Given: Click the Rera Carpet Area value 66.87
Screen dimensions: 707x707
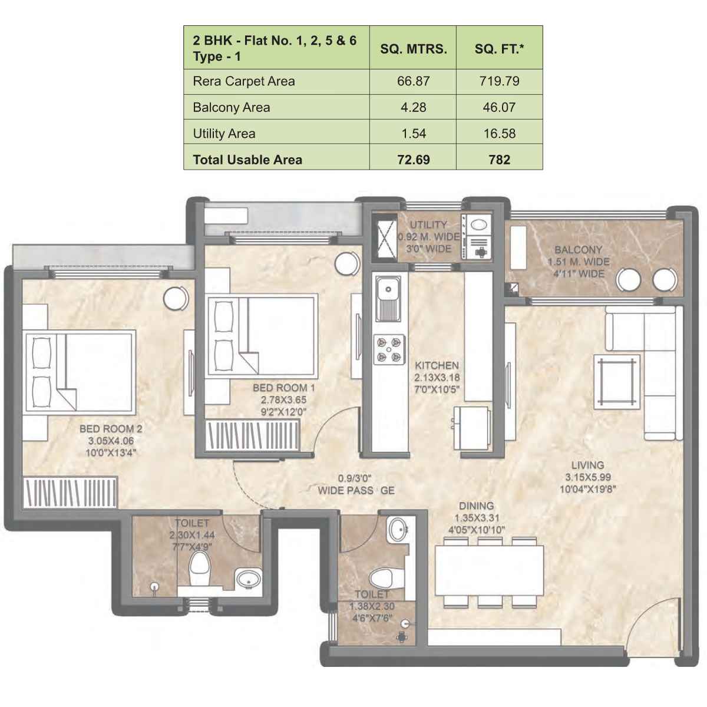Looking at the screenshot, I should (x=413, y=81).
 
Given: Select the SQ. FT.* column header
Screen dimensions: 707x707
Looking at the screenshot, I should (x=499, y=49).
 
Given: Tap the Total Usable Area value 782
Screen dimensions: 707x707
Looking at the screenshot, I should (x=499, y=160).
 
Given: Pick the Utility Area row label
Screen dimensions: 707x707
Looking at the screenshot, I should (x=224, y=134).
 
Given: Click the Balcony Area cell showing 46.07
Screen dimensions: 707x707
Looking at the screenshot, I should (x=499, y=107).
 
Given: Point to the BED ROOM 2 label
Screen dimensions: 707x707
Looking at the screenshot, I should (x=111, y=429).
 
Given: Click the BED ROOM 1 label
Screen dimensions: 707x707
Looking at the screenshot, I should (x=283, y=388).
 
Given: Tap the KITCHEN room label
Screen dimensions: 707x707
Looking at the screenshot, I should (x=437, y=365).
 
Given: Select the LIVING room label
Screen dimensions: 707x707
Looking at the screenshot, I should (x=587, y=465).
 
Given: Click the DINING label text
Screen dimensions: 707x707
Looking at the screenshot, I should (x=476, y=506).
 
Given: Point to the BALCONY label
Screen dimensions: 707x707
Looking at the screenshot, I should (x=578, y=250).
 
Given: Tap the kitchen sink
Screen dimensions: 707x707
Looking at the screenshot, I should (x=388, y=298).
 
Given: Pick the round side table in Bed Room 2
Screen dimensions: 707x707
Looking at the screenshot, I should (x=176, y=298).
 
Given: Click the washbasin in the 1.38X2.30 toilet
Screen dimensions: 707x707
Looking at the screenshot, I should (x=395, y=529).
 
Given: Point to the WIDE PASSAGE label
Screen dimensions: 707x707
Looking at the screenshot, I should (x=356, y=490).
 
